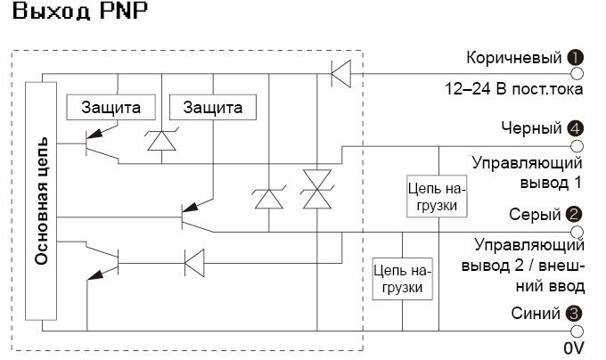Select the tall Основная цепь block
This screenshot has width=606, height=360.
41,200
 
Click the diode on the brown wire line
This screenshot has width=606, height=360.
340,73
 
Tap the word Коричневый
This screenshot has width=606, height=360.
514,58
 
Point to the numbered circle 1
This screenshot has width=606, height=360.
576,58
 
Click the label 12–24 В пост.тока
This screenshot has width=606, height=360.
514,89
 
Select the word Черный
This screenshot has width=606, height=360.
532,128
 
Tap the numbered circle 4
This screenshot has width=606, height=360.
576,128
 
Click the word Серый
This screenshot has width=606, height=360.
534,214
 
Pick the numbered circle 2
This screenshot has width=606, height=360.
576,214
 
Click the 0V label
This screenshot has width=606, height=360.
573,347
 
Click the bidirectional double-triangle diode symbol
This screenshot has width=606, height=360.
315,189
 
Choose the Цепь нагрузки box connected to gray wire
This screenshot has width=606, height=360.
402,278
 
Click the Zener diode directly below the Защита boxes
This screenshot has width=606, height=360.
161,140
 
